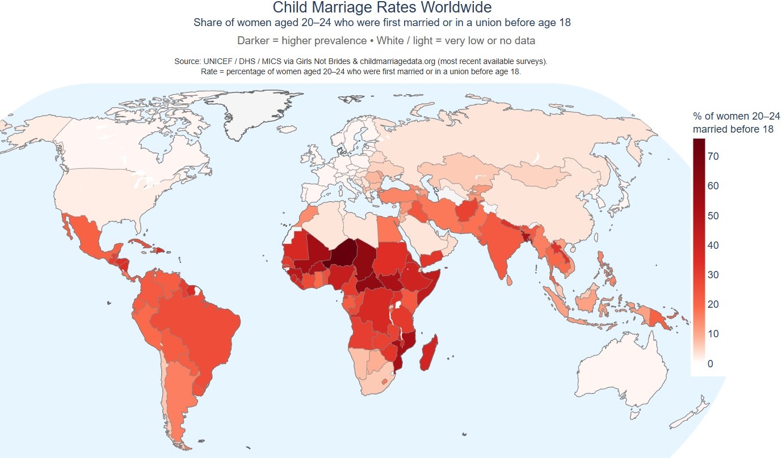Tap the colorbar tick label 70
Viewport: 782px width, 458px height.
(x=713, y=156)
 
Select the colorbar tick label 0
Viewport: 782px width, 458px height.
(x=710, y=364)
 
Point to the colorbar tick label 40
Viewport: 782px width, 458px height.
(x=713, y=245)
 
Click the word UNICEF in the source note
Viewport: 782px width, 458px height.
(x=218, y=61)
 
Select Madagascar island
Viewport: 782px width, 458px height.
(x=429, y=353)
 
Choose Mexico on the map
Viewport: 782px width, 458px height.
(x=89, y=237)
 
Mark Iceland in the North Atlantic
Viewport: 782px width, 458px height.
(x=287, y=129)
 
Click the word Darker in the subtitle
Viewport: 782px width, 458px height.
(x=253, y=41)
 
